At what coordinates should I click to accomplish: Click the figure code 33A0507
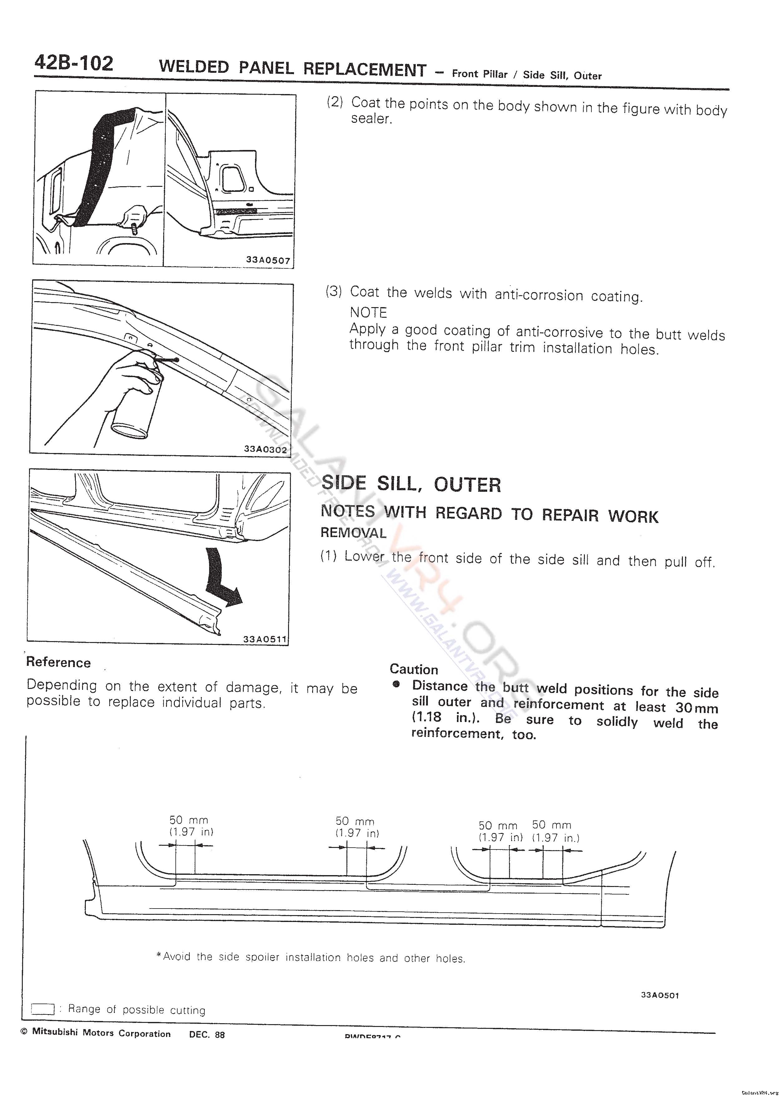coord(268,260)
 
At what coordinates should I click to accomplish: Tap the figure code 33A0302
coord(265,449)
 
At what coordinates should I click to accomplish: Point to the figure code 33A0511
coord(265,639)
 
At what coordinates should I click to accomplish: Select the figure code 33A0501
coord(659,995)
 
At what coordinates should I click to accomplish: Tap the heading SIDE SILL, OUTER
coord(411,484)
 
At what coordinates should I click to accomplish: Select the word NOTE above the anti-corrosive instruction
coord(368,312)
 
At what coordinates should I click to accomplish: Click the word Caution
coord(414,669)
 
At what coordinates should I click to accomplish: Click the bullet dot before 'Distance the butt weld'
coord(396,685)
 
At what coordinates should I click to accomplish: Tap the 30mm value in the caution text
coord(697,708)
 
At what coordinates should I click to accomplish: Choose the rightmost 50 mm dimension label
coord(551,825)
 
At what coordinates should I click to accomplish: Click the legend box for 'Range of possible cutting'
coord(43,1009)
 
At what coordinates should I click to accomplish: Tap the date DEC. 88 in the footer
coord(207,1034)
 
